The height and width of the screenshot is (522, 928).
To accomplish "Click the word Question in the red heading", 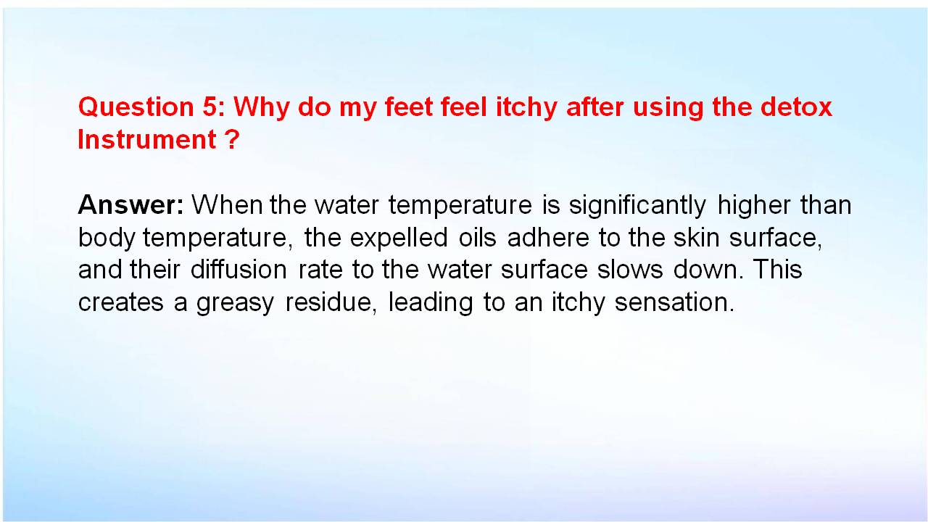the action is click(136, 107).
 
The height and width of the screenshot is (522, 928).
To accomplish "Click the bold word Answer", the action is click(130, 204).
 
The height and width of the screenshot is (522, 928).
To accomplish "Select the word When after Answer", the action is click(227, 204).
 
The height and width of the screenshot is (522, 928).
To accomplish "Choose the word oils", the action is click(477, 237).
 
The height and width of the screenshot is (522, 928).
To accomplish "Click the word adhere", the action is click(547, 237).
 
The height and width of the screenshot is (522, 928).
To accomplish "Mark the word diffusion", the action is click(239, 269).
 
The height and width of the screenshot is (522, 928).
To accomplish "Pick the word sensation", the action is click(674, 302).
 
